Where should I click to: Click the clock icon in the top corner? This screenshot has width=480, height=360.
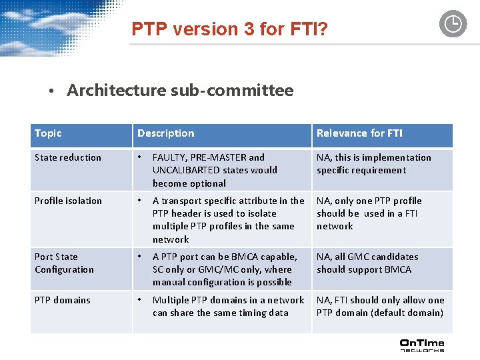pyautogui.click(x=453, y=24)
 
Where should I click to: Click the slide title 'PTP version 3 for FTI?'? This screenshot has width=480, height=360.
pyautogui.click(x=230, y=29)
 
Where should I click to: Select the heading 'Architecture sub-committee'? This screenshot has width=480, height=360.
pyautogui.click(x=180, y=91)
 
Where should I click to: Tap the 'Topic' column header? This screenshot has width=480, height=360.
pyautogui.click(x=48, y=133)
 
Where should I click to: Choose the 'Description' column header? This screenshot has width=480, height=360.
pyautogui.click(x=166, y=133)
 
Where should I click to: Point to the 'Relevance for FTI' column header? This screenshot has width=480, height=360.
pyautogui.click(x=359, y=133)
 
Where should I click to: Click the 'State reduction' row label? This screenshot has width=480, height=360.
pyautogui.click(x=68, y=157)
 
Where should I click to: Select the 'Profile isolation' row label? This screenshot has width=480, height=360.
pyautogui.click(x=69, y=201)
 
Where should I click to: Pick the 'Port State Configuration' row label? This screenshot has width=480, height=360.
pyautogui.click(x=64, y=263)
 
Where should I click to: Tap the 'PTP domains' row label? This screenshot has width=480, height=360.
pyautogui.click(x=63, y=300)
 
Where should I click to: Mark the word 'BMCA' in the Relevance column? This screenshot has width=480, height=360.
pyautogui.click(x=398, y=269)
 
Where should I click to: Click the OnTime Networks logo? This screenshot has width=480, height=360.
pyautogui.click(x=421, y=345)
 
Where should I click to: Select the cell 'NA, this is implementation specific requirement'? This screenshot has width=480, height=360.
pyautogui.click(x=373, y=164)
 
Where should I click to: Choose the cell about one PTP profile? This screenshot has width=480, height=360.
pyautogui.click(x=369, y=213)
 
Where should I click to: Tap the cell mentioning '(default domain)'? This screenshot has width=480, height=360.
pyautogui.click(x=380, y=307)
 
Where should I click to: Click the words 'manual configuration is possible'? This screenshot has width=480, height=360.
pyautogui.click(x=222, y=282)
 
